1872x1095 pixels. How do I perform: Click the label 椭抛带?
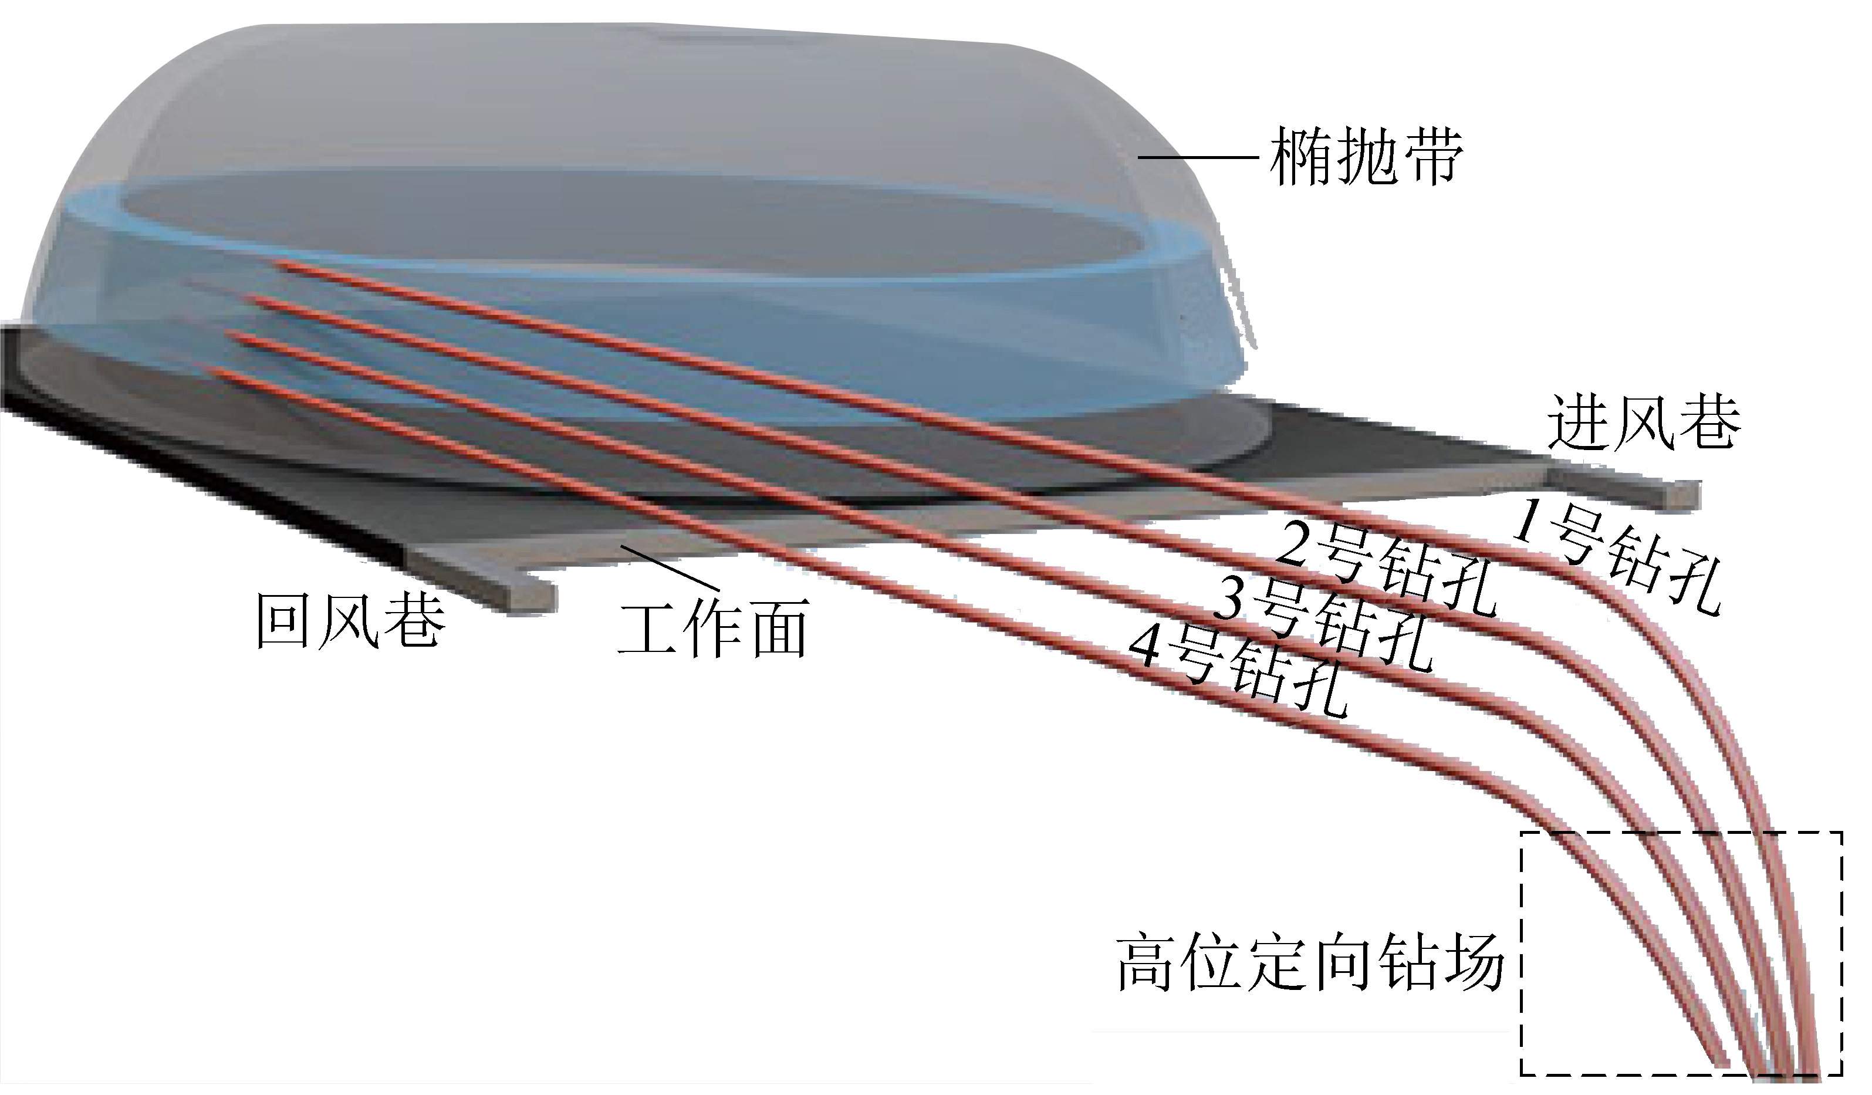click(x=1366, y=158)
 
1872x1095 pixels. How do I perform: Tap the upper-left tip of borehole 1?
click(x=278, y=262)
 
